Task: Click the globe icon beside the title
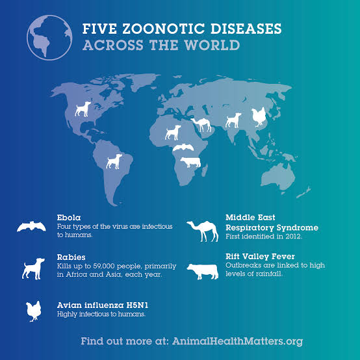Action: [x=49, y=37]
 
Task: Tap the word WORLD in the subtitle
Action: [x=211, y=45]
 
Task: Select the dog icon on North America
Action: [x=83, y=109]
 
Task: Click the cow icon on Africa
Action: [x=191, y=162]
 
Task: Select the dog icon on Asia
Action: [x=233, y=120]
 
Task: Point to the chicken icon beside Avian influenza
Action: [x=32, y=310]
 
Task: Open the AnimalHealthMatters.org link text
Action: [x=237, y=341]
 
